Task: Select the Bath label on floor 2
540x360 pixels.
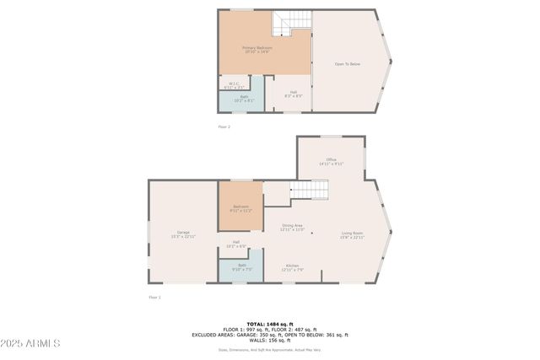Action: tap(243, 99)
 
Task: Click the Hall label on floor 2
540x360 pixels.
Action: tap(293, 94)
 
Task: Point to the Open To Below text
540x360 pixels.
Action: tap(348, 64)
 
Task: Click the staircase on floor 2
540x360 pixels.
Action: tap(290, 23)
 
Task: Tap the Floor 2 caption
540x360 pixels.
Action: tap(224, 126)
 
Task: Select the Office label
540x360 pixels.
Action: tap(331, 162)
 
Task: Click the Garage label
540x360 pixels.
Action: tap(183, 234)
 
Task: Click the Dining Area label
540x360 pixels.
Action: tap(292, 227)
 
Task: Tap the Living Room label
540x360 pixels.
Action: tap(352, 235)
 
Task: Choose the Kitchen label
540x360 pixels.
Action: tap(292, 267)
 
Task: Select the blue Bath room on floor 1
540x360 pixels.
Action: tap(241, 269)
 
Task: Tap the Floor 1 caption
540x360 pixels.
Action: tap(154, 297)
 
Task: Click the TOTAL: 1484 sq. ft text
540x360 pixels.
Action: tap(271, 324)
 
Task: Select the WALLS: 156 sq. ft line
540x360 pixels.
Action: tap(271, 340)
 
